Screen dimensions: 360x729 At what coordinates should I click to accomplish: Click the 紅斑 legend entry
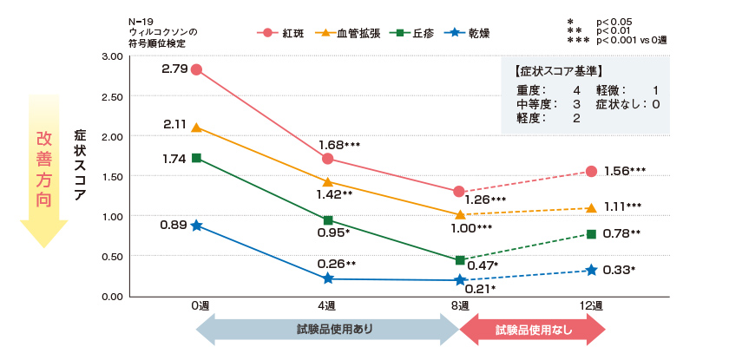coord(283,34)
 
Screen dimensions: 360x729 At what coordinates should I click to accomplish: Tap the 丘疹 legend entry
coord(413,34)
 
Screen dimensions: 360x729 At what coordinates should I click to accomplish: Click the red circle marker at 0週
coord(197,70)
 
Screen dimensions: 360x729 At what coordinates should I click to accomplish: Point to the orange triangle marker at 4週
coord(327,182)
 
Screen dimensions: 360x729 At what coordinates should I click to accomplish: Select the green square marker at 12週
coord(592,234)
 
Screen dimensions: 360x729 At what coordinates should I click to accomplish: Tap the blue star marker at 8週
coord(460,279)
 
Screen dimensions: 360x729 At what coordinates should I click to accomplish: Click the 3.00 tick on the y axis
coord(112,56)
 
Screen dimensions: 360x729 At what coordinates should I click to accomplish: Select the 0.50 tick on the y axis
coord(112,256)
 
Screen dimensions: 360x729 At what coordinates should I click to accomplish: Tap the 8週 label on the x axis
coord(460,306)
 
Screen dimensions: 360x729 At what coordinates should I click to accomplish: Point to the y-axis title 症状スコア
coord(80,165)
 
